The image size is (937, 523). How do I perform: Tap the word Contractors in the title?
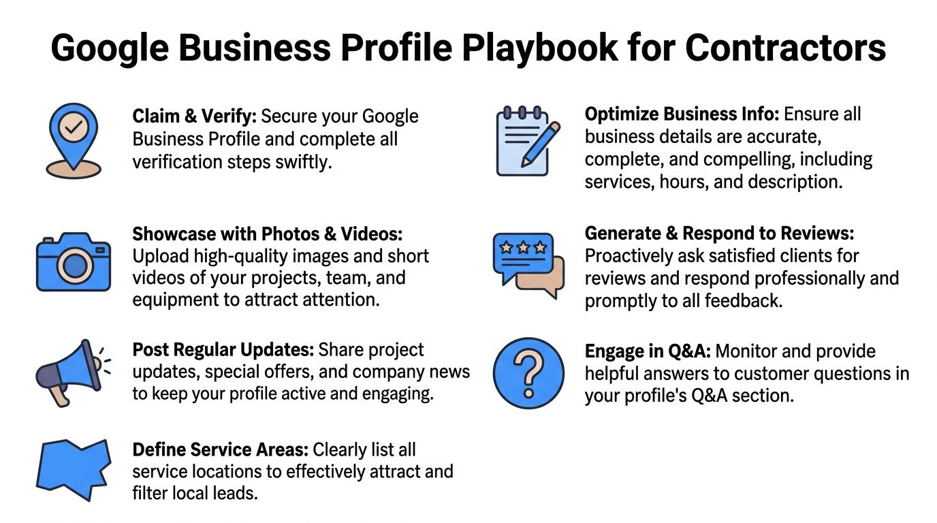786,48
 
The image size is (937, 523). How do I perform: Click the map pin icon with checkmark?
74,140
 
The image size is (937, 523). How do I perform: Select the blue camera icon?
74,262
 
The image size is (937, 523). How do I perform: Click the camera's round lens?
75,266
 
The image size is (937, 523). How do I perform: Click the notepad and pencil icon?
528,141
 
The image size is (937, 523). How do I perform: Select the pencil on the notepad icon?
541,144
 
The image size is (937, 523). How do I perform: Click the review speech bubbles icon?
528,266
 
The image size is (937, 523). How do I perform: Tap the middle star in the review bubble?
523,248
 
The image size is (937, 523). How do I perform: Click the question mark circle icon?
528,373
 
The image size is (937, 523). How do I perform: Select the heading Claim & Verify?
195,116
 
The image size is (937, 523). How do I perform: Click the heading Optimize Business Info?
682,114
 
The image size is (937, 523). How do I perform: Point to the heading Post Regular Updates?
223,350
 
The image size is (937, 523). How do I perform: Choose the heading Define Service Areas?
221,449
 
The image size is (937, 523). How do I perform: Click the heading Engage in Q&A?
648,351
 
